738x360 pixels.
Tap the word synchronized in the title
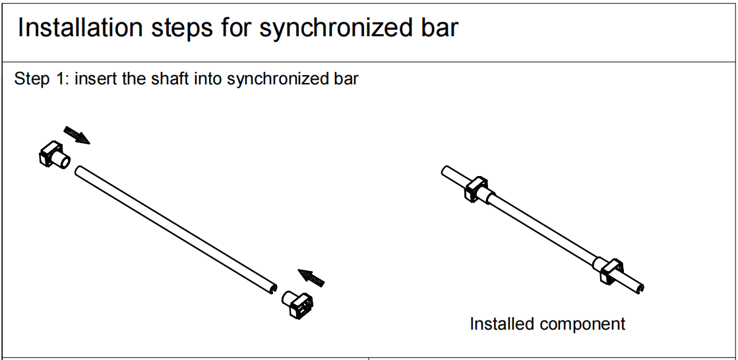(x=331, y=28)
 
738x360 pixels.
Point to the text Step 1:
(x=40, y=80)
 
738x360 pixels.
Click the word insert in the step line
(x=96, y=80)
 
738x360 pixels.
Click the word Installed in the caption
(x=499, y=324)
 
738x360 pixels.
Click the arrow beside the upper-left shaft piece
(x=77, y=134)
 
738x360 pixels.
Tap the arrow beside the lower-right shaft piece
(x=311, y=278)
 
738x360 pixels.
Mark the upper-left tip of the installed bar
(x=446, y=171)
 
